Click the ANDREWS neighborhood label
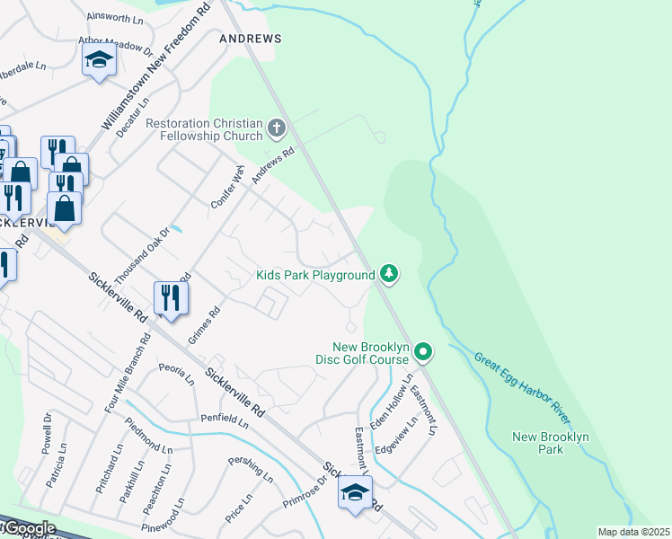251,39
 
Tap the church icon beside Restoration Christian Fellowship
277,129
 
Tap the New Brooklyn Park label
550,443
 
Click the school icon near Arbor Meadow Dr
99,62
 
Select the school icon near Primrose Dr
356,493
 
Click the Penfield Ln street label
225,420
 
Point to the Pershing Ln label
249,468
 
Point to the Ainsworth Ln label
115,17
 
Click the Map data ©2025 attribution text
632,532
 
